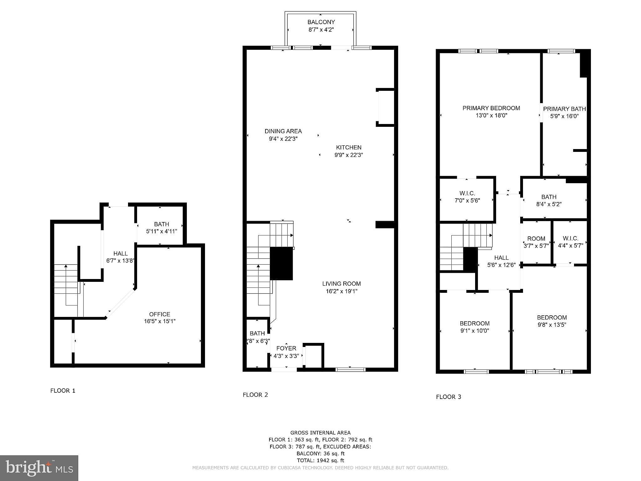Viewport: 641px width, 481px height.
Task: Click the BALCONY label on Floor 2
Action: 321,22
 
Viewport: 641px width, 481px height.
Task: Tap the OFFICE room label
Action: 160,314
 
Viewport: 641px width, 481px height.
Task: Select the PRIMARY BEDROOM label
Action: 491,108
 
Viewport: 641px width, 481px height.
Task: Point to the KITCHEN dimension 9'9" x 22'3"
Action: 349,155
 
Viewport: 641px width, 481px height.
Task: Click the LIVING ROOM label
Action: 341,284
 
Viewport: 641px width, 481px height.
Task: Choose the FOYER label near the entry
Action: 286,348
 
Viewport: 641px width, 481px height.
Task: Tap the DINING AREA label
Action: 283,131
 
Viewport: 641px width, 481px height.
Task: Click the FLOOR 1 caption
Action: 63,390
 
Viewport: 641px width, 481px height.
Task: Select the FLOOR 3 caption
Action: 449,397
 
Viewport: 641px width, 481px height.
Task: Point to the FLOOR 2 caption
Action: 255,395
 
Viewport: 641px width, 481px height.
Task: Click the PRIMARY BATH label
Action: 565,109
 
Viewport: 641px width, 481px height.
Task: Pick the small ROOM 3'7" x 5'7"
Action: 536,242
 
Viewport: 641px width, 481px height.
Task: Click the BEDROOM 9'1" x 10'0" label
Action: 474,323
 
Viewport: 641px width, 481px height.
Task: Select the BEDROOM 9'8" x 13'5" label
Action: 552,318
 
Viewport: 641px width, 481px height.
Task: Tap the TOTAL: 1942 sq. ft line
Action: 320,460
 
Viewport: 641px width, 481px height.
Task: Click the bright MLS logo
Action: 39,468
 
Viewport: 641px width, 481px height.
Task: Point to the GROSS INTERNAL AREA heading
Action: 320,433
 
